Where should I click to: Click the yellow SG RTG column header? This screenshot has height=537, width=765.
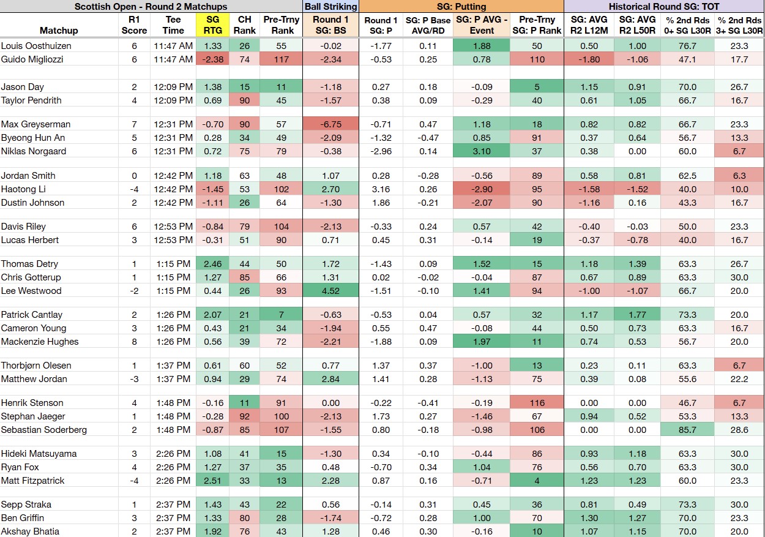pos(212,25)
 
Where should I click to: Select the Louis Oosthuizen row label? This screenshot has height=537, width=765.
pos(36,46)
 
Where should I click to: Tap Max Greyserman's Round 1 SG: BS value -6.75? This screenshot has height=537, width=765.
pos(330,124)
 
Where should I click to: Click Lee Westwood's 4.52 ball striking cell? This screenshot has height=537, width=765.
pos(330,291)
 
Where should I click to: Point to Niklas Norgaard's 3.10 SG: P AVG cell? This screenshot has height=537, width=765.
pos(482,151)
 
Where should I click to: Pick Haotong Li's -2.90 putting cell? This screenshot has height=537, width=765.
pos(482,189)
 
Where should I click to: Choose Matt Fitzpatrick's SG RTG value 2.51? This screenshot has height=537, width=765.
pos(212,481)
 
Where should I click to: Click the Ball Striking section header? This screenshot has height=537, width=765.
pos(330,7)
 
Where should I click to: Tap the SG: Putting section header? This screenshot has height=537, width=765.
pos(461,7)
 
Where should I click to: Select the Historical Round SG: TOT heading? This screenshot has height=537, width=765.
pos(664,7)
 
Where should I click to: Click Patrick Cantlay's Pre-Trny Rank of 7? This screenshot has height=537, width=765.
pos(281,315)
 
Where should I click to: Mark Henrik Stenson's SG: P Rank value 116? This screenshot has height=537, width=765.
pos(537,403)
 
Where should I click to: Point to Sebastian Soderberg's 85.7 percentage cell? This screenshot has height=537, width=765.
pos(687,430)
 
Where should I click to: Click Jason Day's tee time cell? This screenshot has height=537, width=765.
pos(173,87)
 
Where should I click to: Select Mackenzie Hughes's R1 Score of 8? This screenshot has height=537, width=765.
pos(134,342)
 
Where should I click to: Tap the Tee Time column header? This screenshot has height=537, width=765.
pos(173,25)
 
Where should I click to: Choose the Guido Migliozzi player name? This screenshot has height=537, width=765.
pos(32,59)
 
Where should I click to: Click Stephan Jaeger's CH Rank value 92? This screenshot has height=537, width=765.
pos(244,416)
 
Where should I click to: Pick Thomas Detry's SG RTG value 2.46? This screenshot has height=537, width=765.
pos(212,264)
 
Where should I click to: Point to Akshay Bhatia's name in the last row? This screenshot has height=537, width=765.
pos(30,531)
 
